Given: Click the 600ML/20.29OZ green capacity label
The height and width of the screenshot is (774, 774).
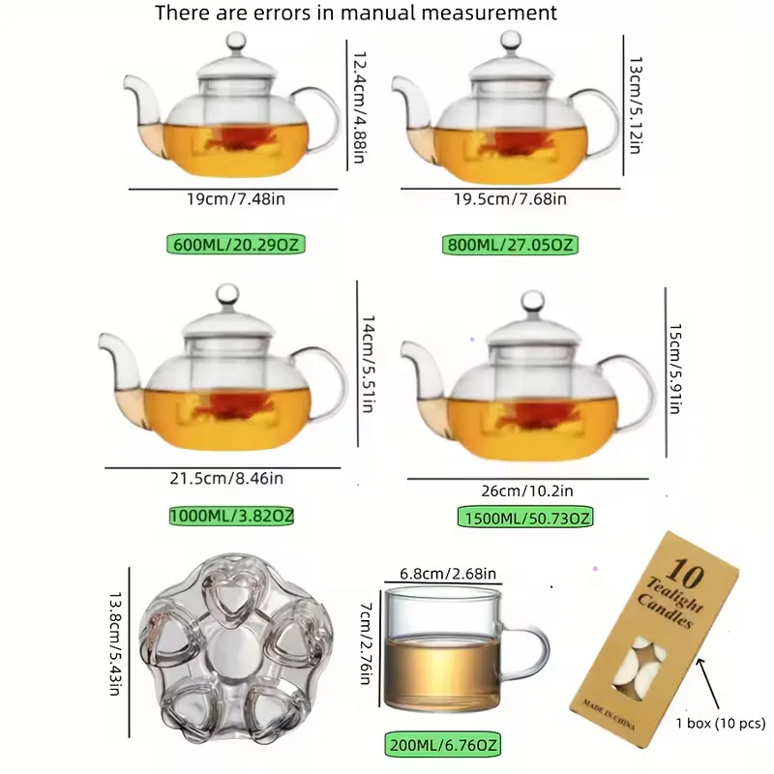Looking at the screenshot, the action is coord(236,245).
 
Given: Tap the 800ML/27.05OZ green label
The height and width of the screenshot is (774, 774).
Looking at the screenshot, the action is coord(510,245).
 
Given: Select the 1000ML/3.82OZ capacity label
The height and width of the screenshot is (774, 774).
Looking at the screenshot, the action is coord(231,516).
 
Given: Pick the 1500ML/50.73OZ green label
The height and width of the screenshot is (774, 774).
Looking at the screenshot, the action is coord(525,518).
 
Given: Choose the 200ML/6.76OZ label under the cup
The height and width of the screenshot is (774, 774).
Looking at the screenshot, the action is coord(443,744).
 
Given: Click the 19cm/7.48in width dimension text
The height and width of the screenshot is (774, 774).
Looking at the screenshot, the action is coord(236,199).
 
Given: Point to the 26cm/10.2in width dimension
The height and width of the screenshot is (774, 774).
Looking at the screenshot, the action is coord(527,491).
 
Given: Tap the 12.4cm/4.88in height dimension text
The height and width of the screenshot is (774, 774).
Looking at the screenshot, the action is coord(359,107).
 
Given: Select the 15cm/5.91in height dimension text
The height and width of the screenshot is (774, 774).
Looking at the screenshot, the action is coord(674,369).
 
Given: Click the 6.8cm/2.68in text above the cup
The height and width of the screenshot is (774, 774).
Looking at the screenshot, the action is coord(448,574).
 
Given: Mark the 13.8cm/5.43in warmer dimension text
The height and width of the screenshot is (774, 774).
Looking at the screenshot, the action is coord(115,643).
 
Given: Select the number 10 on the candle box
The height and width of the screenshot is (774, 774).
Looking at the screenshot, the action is coord(684,573).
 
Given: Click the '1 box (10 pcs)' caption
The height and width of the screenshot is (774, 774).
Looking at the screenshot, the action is coord(720,723).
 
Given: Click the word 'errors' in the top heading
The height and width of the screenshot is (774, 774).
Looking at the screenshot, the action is coord(283,13).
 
